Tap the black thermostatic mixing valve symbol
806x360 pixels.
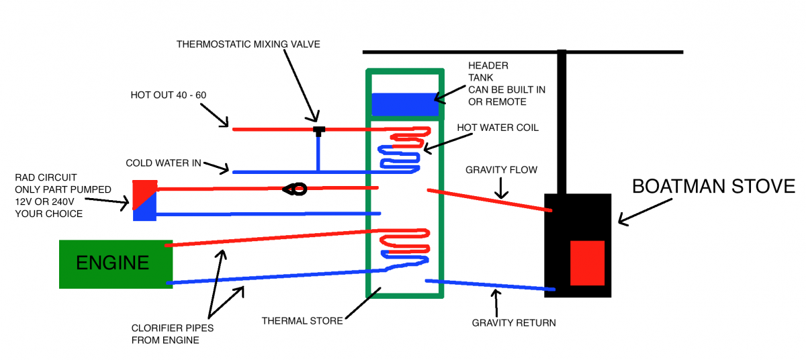click(318, 129)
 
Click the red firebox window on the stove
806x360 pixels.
click(588, 263)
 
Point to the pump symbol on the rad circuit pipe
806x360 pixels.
click(294, 189)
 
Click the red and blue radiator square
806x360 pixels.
click(144, 200)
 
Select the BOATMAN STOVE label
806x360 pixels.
click(713, 187)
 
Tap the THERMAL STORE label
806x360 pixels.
click(302, 321)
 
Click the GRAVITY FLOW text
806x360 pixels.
click(501, 170)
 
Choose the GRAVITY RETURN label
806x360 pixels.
click(514, 323)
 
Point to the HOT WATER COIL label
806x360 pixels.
click(497, 128)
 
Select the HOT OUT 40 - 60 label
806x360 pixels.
click(168, 95)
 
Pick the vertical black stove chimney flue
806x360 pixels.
click(562, 121)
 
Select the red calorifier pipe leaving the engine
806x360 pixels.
click(269, 238)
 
